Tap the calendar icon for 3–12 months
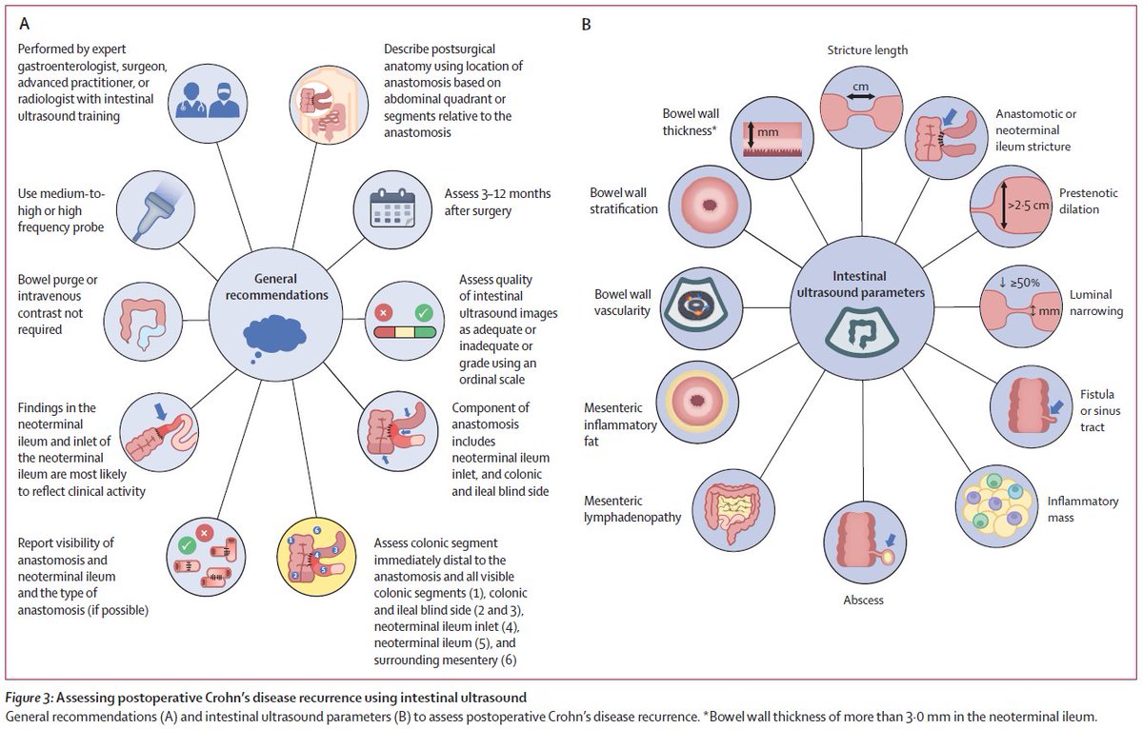pyautogui.click(x=391, y=208)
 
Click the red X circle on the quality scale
pyautogui.click(x=384, y=312)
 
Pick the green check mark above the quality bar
pyautogui.click(x=424, y=312)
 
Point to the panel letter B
pyautogui.click(x=587, y=25)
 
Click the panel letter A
pyautogui.click(x=24, y=24)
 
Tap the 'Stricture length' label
pyautogui.click(x=868, y=49)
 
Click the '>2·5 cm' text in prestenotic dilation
pyautogui.click(x=1028, y=206)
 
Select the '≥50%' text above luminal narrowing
pyautogui.click(x=1025, y=283)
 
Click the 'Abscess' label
pyautogui.click(x=863, y=600)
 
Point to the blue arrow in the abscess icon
pyautogui.click(x=891, y=541)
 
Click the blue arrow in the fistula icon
pyautogui.click(x=1056, y=407)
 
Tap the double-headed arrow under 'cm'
pyautogui.click(x=861, y=97)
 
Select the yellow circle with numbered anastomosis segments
pyautogui.click(x=316, y=557)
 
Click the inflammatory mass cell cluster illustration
pyautogui.click(x=996, y=505)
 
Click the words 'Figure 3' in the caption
pyautogui.click(x=27, y=698)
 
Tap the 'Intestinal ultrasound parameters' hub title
pyautogui.click(x=860, y=284)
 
